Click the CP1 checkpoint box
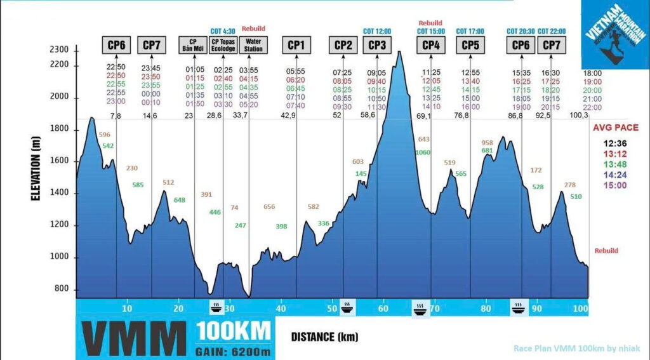(x=296, y=45)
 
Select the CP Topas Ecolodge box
(x=223, y=45)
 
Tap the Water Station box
(x=253, y=45)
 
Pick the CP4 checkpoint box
(x=430, y=45)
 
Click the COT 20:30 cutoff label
(x=520, y=31)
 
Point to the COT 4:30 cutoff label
(x=223, y=31)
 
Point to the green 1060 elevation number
(x=422, y=152)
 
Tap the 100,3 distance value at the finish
(x=580, y=116)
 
